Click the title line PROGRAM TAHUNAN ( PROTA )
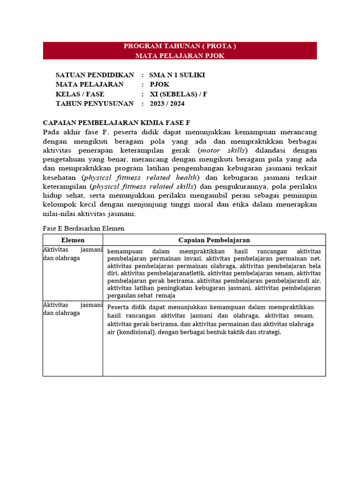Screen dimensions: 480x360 pos(180,46)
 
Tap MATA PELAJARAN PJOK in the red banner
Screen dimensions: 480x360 pos(180,55)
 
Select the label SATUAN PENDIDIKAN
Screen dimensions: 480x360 pos(95,75)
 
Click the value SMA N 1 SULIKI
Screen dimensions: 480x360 pos(177,75)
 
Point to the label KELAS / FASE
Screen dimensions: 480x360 pos(80,94)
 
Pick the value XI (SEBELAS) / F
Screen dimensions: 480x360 pos(178,94)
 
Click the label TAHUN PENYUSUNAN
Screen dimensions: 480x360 pos(94,104)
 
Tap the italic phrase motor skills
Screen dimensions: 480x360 pos(223,150)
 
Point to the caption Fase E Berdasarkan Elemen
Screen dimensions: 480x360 pos(83,228)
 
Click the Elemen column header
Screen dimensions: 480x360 pos(73,240)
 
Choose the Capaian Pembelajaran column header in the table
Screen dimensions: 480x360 pos(214,240)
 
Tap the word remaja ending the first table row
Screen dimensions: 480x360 pos(166,296)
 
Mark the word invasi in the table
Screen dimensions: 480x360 pos(193,258)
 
